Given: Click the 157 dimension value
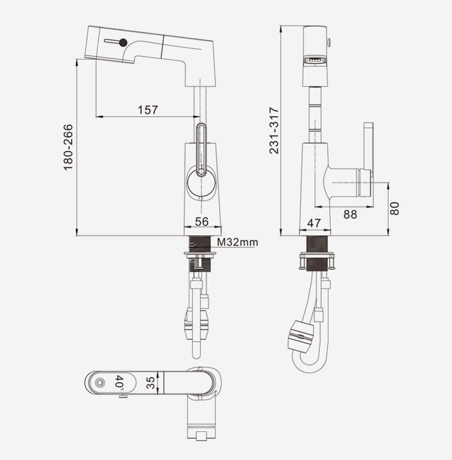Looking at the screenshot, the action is (x=148, y=110).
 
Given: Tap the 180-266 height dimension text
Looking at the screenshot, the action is (x=68, y=147).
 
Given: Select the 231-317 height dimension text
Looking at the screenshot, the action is (x=274, y=130).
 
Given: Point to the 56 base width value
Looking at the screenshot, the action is (x=202, y=221).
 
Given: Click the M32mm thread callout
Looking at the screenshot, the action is (x=237, y=243).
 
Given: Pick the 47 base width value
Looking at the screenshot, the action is (x=314, y=223).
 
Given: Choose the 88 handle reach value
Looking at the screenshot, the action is (x=350, y=215).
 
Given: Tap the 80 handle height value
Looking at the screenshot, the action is (x=395, y=209).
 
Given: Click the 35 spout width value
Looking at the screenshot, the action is (x=150, y=383).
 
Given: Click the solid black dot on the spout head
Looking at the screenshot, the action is (x=123, y=43).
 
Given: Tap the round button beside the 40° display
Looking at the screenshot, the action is (x=100, y=383).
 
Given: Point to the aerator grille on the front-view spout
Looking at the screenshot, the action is (x=315, y=61).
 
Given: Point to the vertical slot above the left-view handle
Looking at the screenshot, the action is (x=201, y=150).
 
